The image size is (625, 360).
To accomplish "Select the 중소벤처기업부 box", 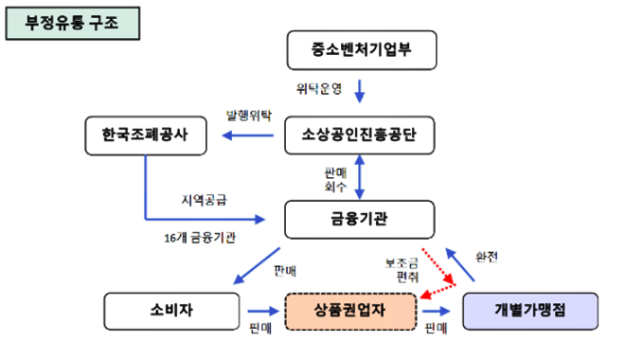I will (x=360, y=49).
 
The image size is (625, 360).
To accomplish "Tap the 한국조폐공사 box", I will (x=144, y=135).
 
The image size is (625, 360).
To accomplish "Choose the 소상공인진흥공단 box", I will (x=360, y=135).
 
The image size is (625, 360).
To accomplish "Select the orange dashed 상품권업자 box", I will (x=349, y=311).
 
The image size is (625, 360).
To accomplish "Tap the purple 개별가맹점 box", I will (x=530, y=310).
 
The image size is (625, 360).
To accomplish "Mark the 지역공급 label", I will (x=205, y=200).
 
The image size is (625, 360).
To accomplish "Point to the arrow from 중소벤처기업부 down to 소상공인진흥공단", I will (x=360, y=91).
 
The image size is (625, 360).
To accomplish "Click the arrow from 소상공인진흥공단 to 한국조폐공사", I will (x=248, y=135).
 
